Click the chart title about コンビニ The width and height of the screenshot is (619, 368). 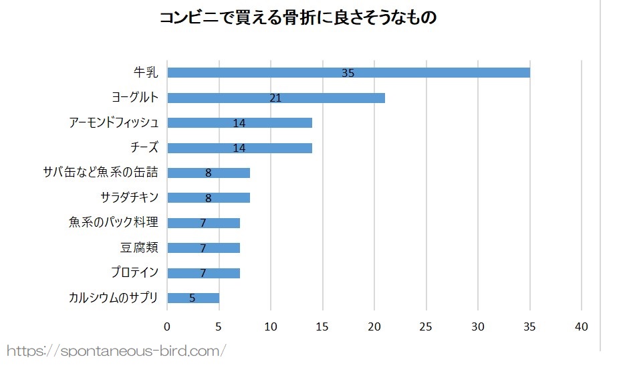tap(297, 18)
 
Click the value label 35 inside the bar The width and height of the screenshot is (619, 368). tap(348, 73)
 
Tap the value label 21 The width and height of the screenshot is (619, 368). tap(275, 98)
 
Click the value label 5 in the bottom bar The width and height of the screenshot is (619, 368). tap(193, 298)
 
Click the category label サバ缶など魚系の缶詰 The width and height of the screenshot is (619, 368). tap(100, 173)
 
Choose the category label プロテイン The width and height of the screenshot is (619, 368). tap(134, 273)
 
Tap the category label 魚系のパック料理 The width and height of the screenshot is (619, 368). tap(113, 223)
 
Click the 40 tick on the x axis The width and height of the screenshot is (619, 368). tap(582, 327)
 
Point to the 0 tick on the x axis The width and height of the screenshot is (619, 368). tap(167, 327)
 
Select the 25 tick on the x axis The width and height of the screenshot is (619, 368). tap(426, 327)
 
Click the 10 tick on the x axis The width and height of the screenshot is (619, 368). tap(271, 327)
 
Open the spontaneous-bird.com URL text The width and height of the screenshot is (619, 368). tap(117, 350)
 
